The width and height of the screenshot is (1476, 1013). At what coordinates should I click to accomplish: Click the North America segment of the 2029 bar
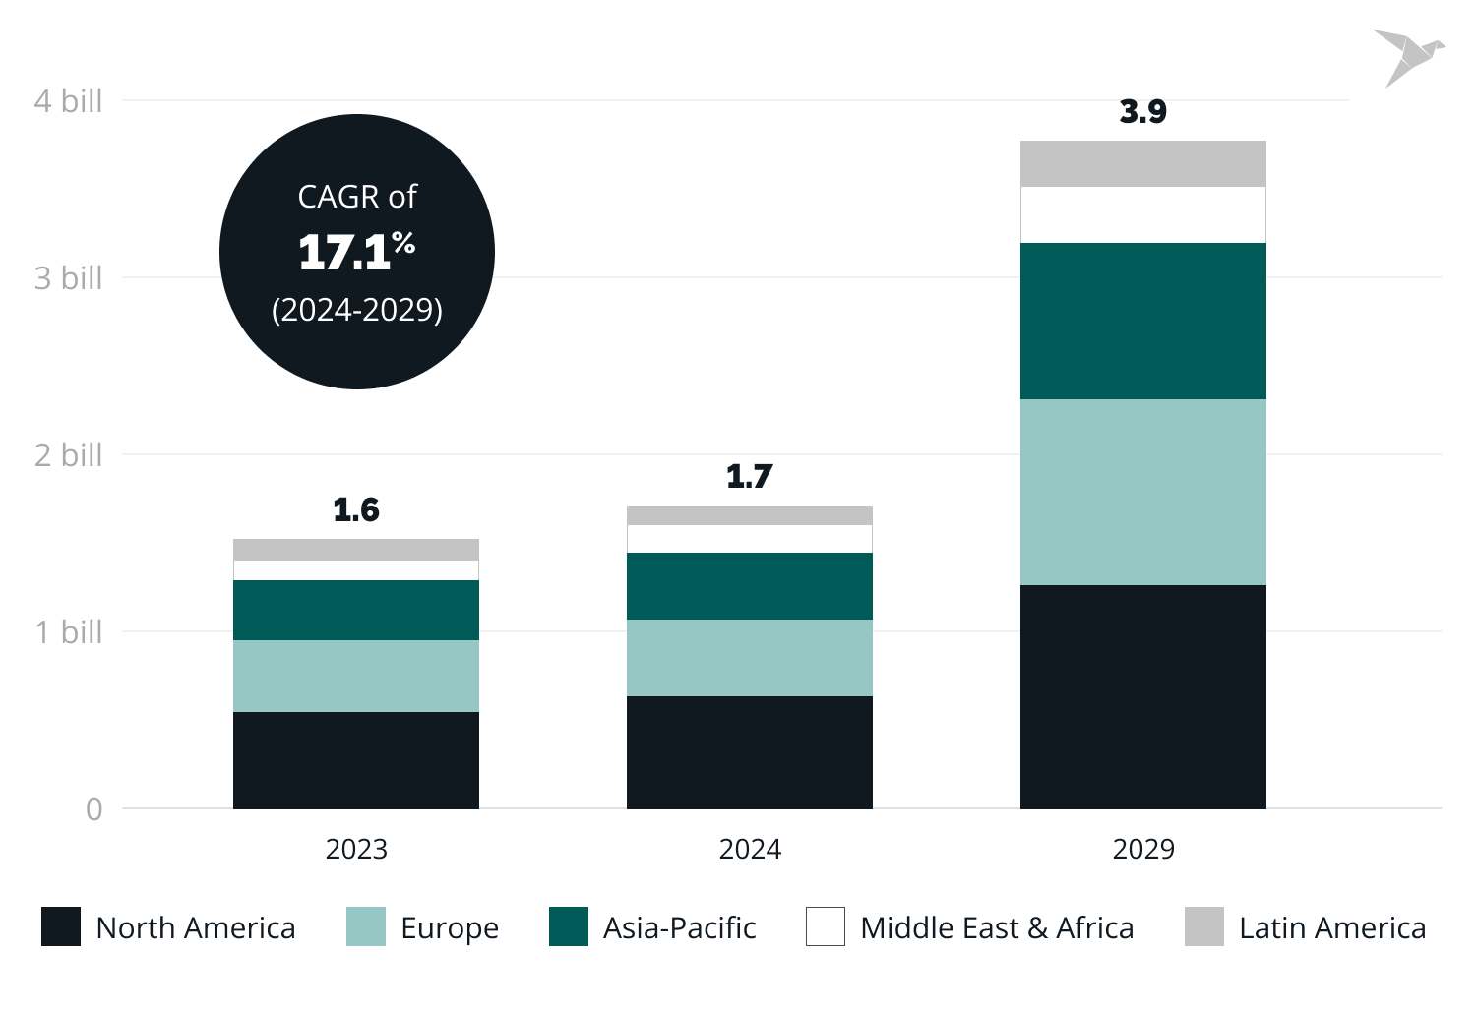tap(1142, 696)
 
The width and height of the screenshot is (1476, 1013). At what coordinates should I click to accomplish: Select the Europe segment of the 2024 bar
tap(749, 657)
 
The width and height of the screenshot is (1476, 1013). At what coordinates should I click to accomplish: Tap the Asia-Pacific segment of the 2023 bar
tap(355, 610)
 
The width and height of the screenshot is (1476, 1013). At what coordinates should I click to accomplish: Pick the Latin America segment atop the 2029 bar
tap(1142, 163)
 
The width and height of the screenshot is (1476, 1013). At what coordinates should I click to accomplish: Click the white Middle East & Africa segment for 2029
tap(1142, 214)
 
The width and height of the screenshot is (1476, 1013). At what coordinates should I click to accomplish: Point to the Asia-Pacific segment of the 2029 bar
tap(1142, 321)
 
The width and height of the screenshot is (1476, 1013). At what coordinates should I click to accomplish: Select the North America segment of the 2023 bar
tap(355, 759)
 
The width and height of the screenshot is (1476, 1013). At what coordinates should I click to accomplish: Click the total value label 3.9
tap(1142, 112)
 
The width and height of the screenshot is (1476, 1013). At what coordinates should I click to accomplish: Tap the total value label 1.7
tap(749, 477)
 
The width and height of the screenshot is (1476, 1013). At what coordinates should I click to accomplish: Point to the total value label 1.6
tap(355, 510)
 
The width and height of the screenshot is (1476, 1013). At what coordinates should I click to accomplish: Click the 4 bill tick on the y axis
tap(69, 101)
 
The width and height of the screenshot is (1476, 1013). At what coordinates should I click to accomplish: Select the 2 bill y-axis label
tap(69, 455)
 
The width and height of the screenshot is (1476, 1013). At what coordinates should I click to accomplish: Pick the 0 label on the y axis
tap(93, 809)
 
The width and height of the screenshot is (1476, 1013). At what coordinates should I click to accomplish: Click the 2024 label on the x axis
tap(749, 849)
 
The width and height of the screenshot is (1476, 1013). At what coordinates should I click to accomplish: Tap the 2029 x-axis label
tap(1142, 849)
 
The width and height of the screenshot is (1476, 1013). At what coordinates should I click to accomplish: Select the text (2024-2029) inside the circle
tap(356, 310)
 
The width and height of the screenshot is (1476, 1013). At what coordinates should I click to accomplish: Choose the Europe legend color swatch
tap(365, 926)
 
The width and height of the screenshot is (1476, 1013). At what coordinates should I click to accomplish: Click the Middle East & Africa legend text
tap(996, 927)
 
